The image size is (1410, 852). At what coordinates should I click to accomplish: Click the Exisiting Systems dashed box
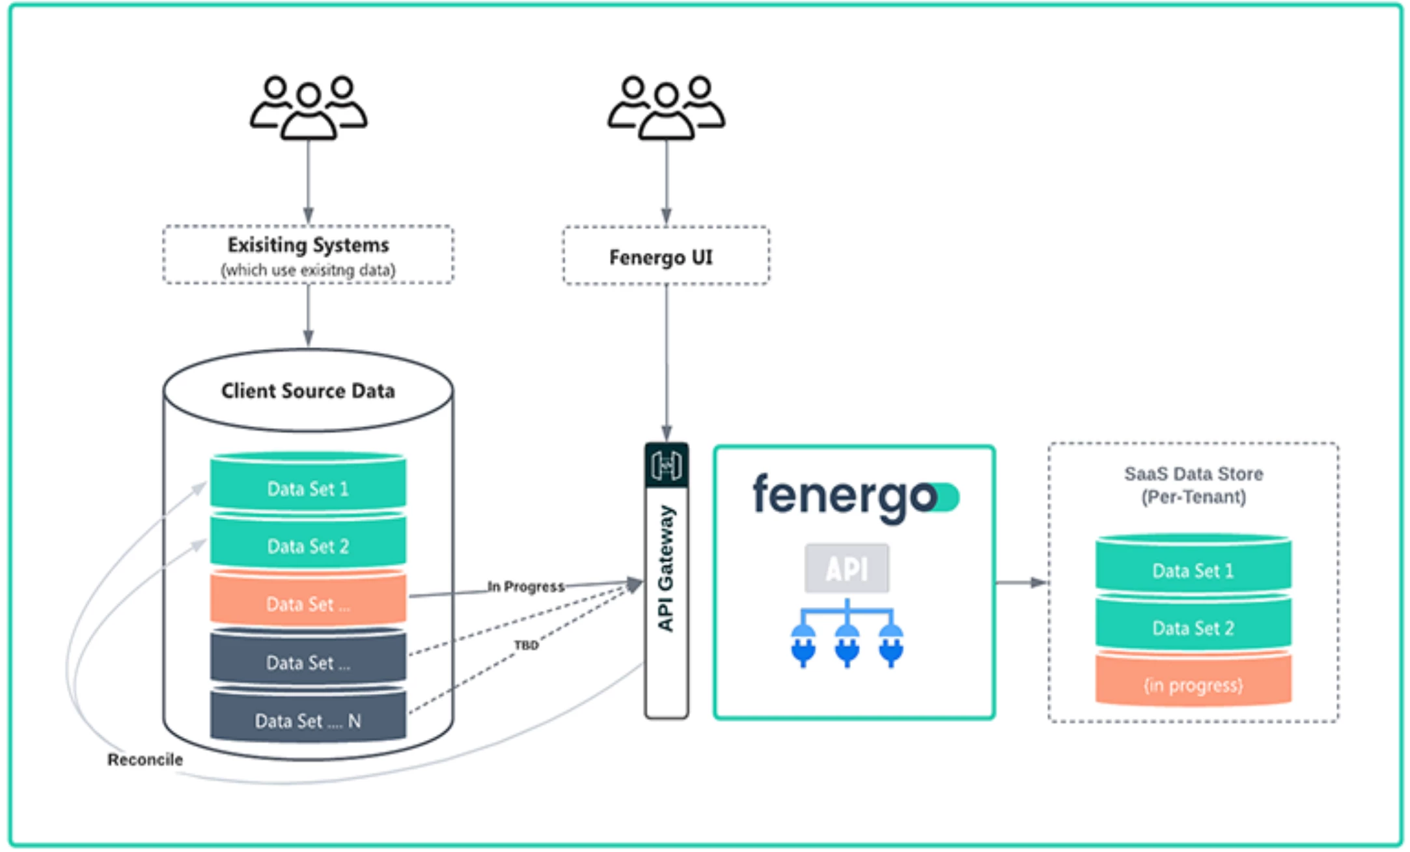tap(308, 255)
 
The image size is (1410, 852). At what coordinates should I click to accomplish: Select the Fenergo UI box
tap(665, 256)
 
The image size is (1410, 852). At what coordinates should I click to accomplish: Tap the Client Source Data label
tap(308, 391)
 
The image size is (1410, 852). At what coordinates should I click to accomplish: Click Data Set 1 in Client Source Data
tap(308, 488)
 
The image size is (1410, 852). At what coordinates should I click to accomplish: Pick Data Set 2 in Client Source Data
tap(308, 545)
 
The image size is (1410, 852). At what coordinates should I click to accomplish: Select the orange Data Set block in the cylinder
tap(308, 603)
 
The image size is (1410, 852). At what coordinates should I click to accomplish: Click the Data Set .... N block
tap(308, 720)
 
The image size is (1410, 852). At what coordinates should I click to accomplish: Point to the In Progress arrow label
tap(526, 586)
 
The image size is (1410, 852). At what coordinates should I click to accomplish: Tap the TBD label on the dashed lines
tap(526, 646)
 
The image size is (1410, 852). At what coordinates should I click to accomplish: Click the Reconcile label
tap(145, 760)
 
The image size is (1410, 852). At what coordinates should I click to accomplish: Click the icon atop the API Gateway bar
tap(666, 465)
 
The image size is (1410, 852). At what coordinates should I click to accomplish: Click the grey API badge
tap(846, 569)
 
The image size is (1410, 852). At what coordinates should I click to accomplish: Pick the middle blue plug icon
tap(847, 645)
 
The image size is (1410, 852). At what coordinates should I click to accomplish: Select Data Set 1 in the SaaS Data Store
tap(1193, 570)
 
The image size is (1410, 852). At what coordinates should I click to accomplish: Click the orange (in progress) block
tap(1193, 685)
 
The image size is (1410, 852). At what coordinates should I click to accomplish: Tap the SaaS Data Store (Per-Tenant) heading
tap(1193, 485)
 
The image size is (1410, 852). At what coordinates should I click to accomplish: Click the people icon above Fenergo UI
tap(666, 107)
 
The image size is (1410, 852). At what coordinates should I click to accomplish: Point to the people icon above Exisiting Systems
tap(308, 107)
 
